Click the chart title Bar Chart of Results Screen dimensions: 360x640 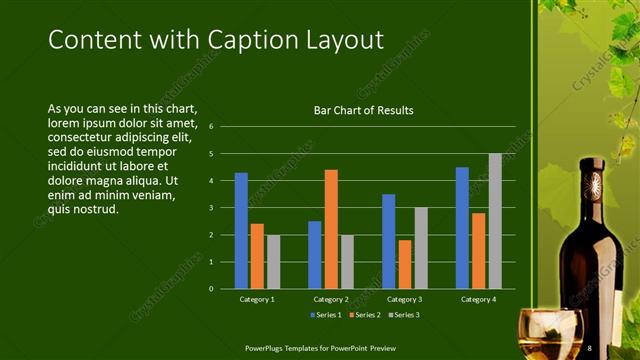pyautogui.click(x=364, y=110)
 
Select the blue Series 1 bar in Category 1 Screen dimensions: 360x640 pyautogui.click(x=241, y=230)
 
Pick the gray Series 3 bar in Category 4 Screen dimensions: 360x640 pyautogui.click(x=495, y=221)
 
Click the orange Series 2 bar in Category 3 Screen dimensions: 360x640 pyautogui.click(x=404, y=264)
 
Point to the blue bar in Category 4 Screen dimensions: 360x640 pyautogui.click(x=462, y=227)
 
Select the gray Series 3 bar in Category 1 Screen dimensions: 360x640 pyautogui.click(x=273, y=261)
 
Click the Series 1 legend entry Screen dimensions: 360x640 pyautogui.click(x=328, y=315)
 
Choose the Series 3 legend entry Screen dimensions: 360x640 pyautogui.click(x=403, y=315)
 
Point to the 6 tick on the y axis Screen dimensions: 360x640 pyautogui.click(x=211, y=127)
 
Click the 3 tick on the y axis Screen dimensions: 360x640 pyautogui.click(x=211, y=208)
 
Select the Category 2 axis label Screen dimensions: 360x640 pyautogui.click(x=331, y=299)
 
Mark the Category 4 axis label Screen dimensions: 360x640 pyautogui.click(x=478, y=299)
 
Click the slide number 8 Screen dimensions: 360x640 pyautogui.click(x=590, y=347)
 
